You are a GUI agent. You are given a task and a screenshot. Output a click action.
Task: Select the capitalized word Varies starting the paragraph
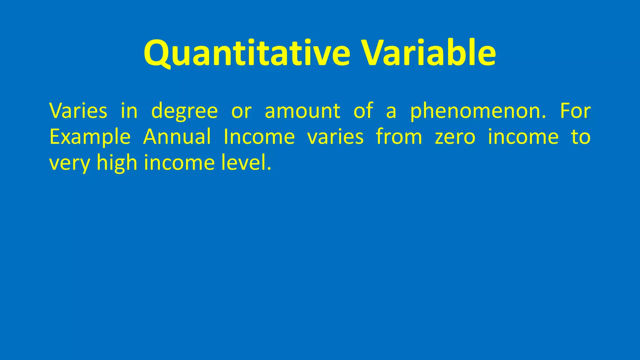click(x=78, y=111)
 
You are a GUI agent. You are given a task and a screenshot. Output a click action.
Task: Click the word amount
click(x=302, y=111)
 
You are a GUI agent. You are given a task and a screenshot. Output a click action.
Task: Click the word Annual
click(x=177, y=137)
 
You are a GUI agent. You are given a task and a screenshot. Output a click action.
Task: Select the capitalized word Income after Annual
click(x=259, y=137)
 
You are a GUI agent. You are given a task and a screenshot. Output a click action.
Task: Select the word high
click(x=117, y=163)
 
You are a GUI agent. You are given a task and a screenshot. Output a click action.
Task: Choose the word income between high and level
click(x=179, y=163)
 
